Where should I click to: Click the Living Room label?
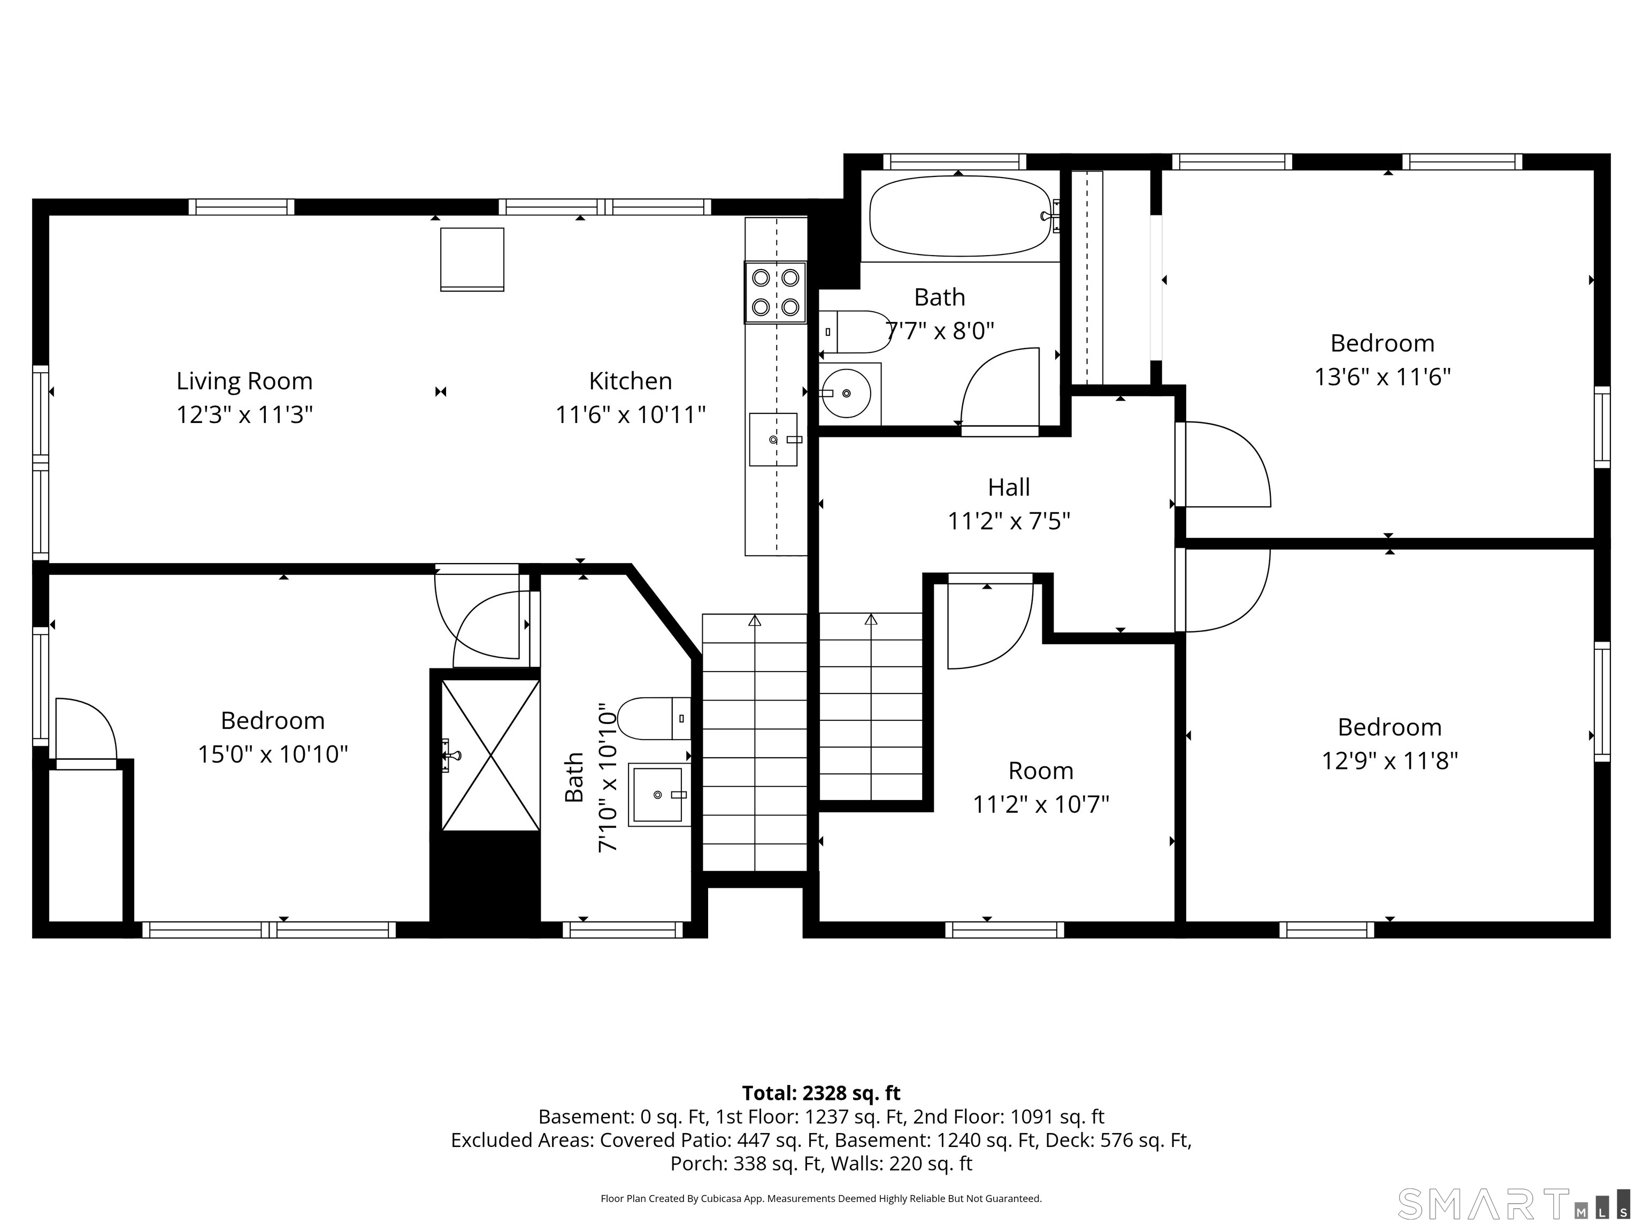tap(244, 381)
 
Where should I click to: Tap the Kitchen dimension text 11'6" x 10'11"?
tap(631, 414)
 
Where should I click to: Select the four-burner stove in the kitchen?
tap(776, 292)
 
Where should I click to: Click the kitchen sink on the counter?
tap(773, 440)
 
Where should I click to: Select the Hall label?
tap(1009, 487)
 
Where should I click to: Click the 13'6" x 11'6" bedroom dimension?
tap(1383, 378)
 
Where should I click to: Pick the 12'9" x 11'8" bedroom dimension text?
tap(1389, 761)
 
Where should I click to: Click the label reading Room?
tap(1041, 771)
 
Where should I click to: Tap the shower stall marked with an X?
tap(490, 755)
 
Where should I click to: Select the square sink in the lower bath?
tap(658, 795)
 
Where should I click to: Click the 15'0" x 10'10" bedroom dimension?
tap(273, 754)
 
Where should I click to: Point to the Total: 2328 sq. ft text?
tap(821, 1093)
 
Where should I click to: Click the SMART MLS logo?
tap(1513, 1204)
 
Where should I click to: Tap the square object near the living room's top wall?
tap(472, 259)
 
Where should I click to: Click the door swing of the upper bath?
tap(999, 388)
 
